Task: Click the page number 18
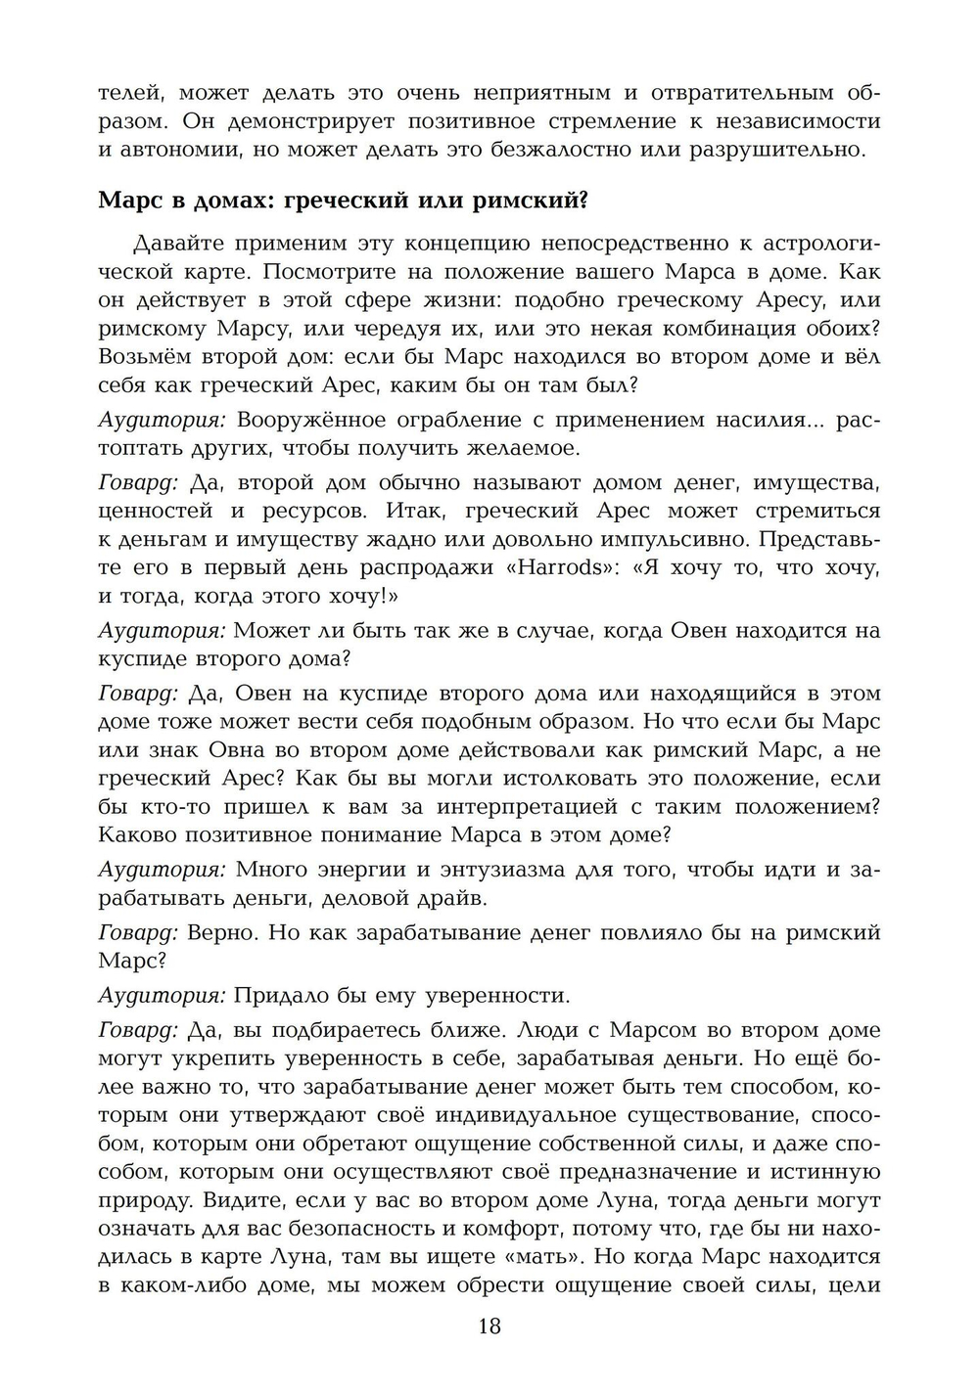[489, 1326]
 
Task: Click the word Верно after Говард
[222, 933]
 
